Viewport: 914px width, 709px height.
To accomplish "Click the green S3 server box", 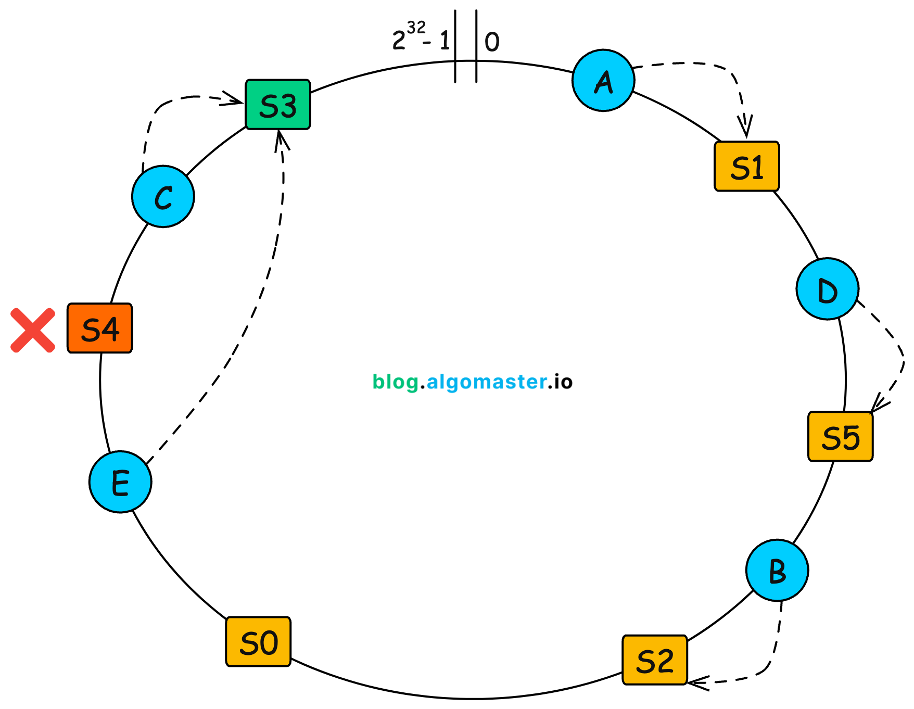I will pyautogui.click(x=278, y=105).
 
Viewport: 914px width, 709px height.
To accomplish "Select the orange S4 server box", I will pyautogui.click(x=100, y=328).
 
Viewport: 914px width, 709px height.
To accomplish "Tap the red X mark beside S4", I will pyautogui.click(x=33, y=331).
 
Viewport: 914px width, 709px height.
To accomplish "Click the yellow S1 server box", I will pyautogui.click(x=746, y=167).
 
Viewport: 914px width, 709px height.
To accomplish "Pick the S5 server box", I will pyautogui.click(x=840, y=437).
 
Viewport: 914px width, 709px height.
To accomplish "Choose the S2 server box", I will pyautogui.click(x=655, y=660).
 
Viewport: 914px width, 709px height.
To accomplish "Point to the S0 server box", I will pyautogui.click(x=258, y=642).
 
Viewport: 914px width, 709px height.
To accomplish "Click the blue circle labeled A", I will pyautogui.click(x=603, y=81).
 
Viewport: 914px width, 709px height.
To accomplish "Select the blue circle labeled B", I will pyautogui.click(x=777, y=571).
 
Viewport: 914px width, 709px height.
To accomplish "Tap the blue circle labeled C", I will pyautogui.click(x=163, y=197).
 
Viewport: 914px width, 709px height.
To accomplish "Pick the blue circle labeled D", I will pyautogui.click(x=827, y=289).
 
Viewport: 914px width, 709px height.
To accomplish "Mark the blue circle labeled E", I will pyautogui.click(x=120, y=482).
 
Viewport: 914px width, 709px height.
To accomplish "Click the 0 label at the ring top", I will pyautogui.click(x=492, y=42).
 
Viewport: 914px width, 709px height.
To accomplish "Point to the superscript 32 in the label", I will pyautogui.click(x=416, y=27).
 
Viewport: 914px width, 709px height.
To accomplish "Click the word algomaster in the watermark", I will pyautogui.click(x=486, y=382).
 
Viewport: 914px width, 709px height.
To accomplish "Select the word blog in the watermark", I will pyautogui.click(x=396, y=382).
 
